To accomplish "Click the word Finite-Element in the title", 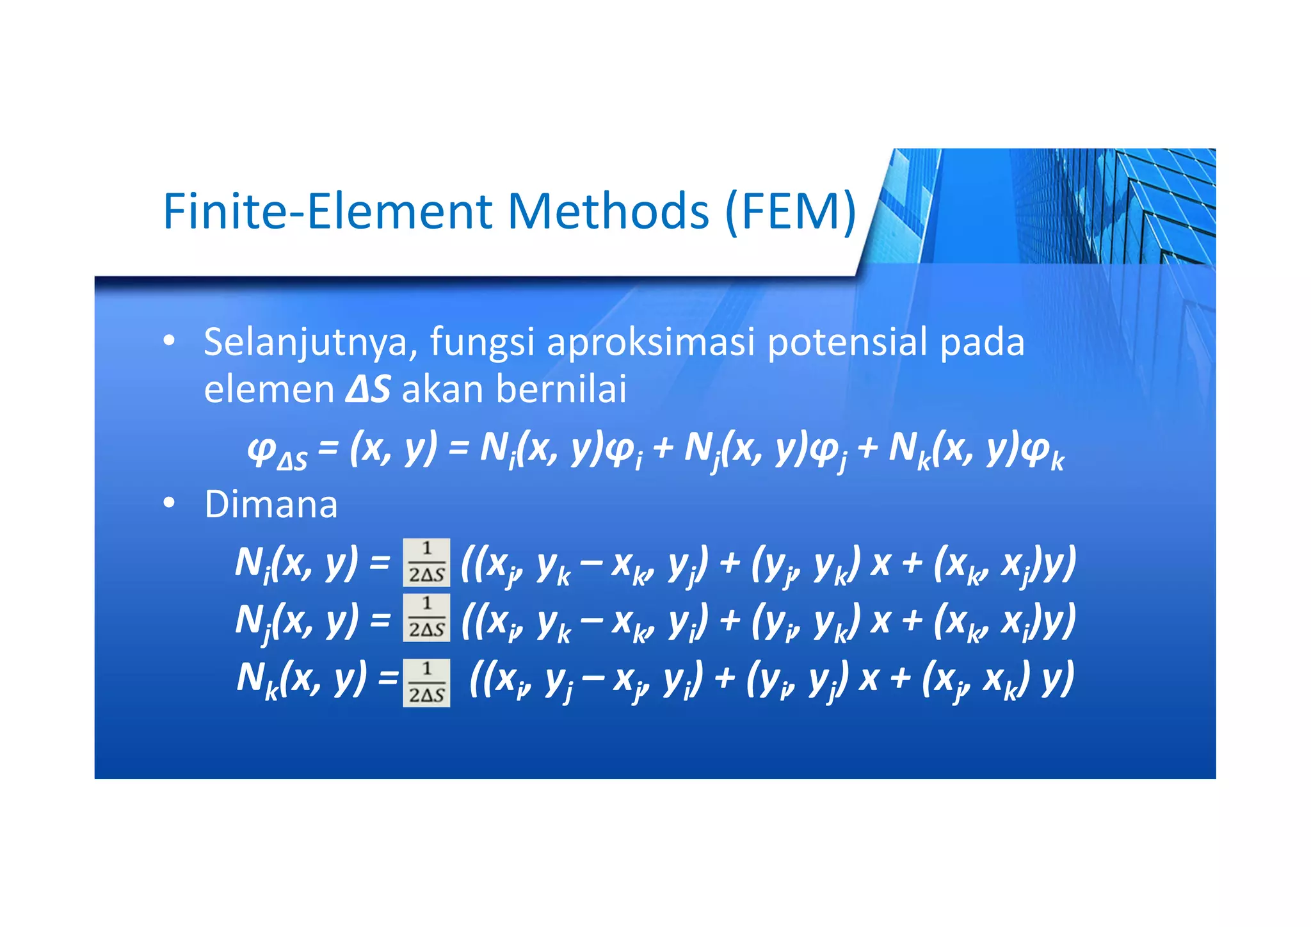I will tap(328, 211).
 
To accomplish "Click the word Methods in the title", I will tap(608, 211).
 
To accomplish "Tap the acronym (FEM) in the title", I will tap(791, 211).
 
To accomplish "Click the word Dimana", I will tap(271, 504).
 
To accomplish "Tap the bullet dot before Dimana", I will tap(168, 504).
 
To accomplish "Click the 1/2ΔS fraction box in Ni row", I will tap(426, 563).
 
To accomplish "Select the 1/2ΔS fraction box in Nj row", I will tap(426, 618).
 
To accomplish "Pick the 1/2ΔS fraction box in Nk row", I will tap(426, 682).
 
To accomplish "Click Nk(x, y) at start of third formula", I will tap(301, 679).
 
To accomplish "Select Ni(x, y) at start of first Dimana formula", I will tap(296, 563).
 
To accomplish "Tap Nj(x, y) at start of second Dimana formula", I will tap(296, 620).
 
